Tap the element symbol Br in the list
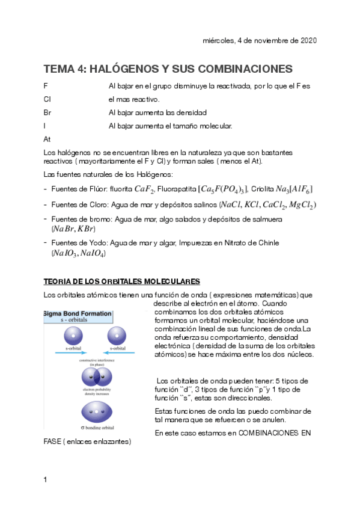(48, 112)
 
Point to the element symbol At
(47, 139)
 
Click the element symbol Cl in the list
(47, 99)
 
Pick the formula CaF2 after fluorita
(145, 189)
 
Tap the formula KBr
(84, 229)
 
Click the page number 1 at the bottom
(46, 479)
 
